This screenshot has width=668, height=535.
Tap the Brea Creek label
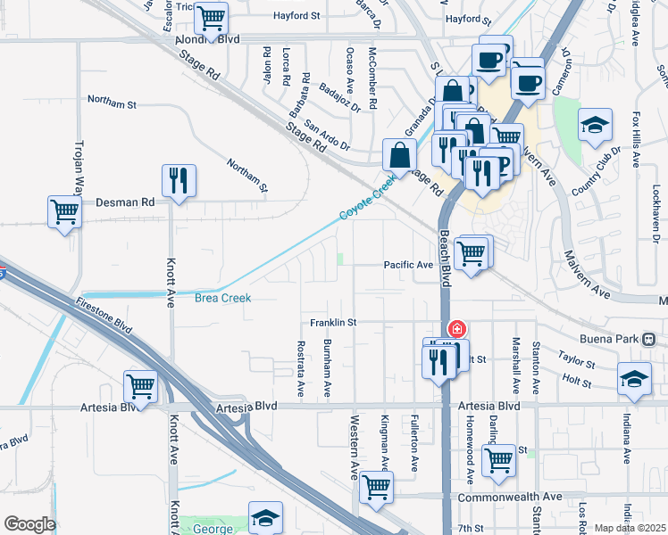point(222,298)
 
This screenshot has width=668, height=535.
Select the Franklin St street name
point(333,322)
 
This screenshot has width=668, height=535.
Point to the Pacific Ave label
point(408,265)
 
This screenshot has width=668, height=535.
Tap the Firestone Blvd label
point(104,317)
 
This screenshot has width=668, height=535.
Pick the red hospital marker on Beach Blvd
point(456,329)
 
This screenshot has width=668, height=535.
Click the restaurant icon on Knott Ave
point(179,180)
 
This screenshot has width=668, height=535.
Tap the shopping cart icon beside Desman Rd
point(65,212)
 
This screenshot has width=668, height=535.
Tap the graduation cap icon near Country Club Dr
point(594,125)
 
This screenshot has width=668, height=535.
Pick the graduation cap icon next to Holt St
point(634,378)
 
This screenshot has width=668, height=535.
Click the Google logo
point(29,524)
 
